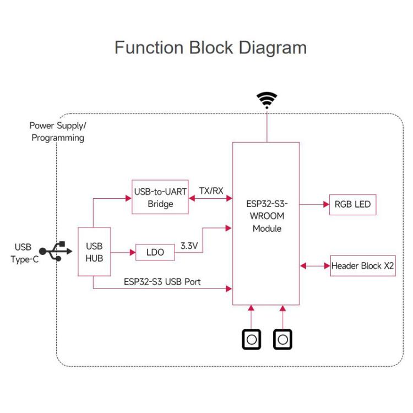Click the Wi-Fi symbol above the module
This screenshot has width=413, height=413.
[267, 100]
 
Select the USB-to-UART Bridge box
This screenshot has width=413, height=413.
[160, 198]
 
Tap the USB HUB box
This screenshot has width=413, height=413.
[94, 252]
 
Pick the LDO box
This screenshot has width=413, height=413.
[155, 252]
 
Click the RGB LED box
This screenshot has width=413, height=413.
[352, 204]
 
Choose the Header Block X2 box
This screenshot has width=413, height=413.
[363, 266]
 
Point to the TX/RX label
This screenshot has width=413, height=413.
[211, 191]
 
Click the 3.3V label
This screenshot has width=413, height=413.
[189, 246]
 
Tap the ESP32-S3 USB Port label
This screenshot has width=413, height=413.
[162, 281]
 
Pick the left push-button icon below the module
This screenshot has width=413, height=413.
[252, 339]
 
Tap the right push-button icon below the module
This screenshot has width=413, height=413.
[283, 339]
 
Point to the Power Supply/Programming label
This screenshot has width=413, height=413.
[58, 132]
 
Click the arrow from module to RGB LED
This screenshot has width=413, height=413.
[314, 204]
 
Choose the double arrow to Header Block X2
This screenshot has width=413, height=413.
[314, 266]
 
